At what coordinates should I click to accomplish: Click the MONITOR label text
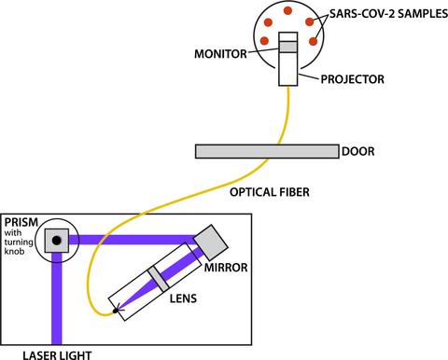point(221,54)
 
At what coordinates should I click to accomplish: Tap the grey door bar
point(267,151)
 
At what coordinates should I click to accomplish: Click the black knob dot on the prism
point(56,241)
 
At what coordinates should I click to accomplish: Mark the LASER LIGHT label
point(42,353)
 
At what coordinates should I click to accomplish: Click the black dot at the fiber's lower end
point(116,310)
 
